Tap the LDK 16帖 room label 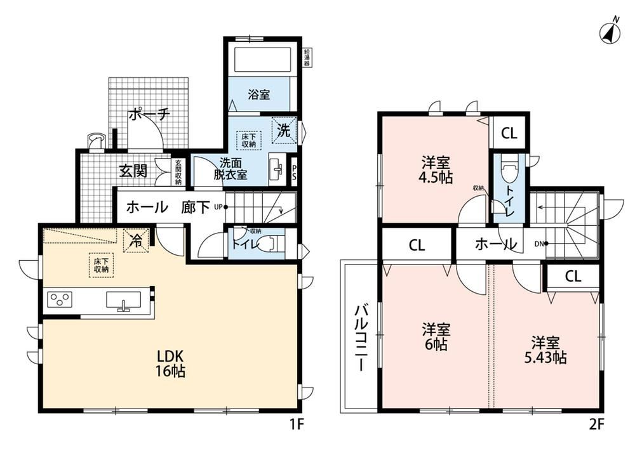click(x=171, y=363)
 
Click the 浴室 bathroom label click(x=259, y=95)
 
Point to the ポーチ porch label click(x=149, y=115)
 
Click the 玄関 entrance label click(x=133, y=171)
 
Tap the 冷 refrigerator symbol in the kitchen click(x=136, y=241)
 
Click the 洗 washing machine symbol click(x=284, y=130)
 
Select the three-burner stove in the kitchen click(x=60, y=300)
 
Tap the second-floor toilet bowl click(x=508, y=171)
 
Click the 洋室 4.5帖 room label click(x=436, y=171)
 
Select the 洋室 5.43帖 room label click(x=545, y=350)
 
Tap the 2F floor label click(x=596, y=424)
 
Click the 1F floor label click(x=296, y=424)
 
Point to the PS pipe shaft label click(x=294, y=172)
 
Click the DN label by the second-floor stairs click(x=539, y=244)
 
